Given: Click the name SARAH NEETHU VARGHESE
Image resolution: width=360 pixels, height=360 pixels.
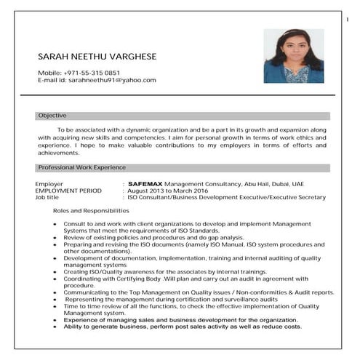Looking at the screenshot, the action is [x=97, y=57].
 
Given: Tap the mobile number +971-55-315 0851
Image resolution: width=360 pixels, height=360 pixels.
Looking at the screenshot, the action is [x=92, y=72].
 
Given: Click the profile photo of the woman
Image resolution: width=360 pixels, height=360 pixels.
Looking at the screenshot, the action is [x=293, y=56].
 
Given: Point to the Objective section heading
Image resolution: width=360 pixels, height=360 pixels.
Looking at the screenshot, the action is [x=52, y=116].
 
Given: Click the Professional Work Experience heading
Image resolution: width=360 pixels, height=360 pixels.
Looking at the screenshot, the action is [x=82, y=167].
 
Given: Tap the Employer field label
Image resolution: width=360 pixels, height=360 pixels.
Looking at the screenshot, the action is [x=49, y=184].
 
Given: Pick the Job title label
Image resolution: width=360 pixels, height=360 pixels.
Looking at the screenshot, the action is [x=47, y=197].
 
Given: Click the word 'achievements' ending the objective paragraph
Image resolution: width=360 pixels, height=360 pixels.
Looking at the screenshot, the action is [x=58, y=153].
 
